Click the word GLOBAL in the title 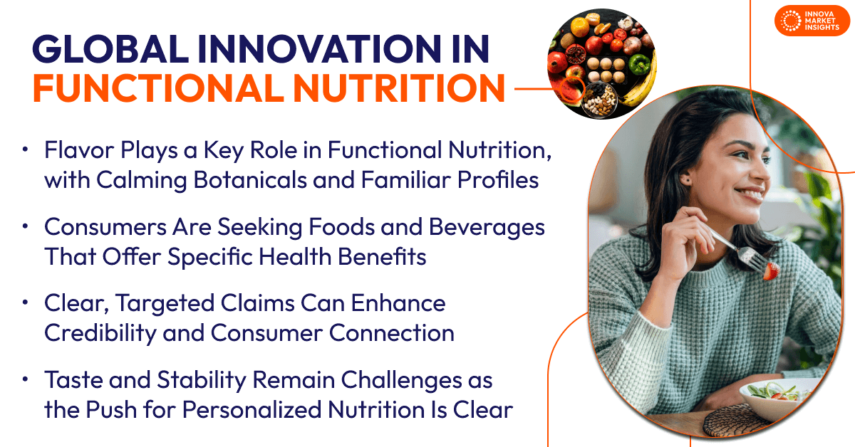point(110,49)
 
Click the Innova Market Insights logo point(812,21)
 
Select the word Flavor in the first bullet point(79,150)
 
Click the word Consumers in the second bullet point(105,227)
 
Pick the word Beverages point(487,228)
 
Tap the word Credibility point(100,333)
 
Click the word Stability point(202,381)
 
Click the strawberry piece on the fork point(772,270)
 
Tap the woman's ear point(685,178)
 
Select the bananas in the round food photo point(643,82)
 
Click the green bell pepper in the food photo point(638,64)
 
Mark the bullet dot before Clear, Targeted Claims point(25,303)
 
